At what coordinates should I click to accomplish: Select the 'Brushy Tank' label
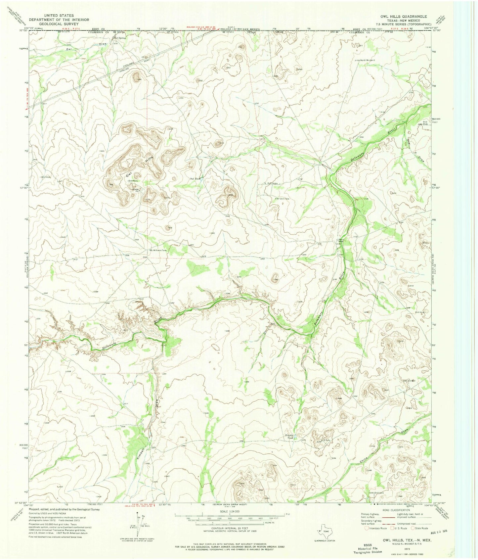tap(290, 437)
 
